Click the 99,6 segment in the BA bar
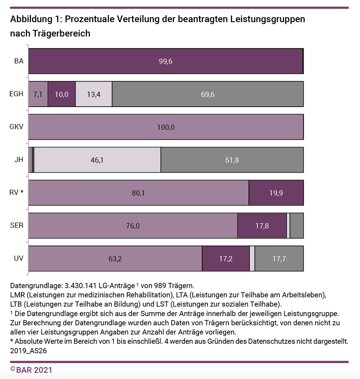coord(165,61)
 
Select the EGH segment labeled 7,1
coord(38,94)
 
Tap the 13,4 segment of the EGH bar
coord(94,94)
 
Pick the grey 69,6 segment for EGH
coord(208,94)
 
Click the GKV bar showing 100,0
coord(165,127)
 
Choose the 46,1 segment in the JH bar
coord(97,160)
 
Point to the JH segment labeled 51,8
coord(232,160)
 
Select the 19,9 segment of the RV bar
coord(276,193)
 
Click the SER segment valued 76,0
coord(133,226)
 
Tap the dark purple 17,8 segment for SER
coord(262,226)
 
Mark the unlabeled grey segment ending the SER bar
coord(297,226)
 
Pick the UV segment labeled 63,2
coord(115,259)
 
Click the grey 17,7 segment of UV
coord(279,259)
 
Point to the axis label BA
coord(19,61)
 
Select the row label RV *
coord(17,193)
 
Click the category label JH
coord(19,160)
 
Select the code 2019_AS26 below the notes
coord(29,350)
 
